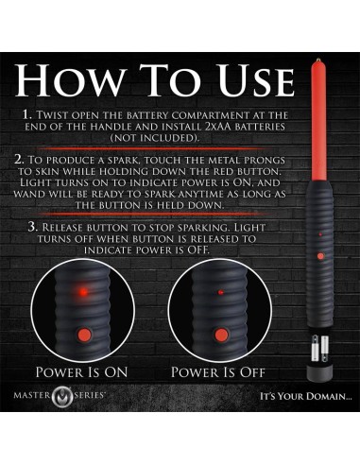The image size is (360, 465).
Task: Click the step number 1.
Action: click(26, 114)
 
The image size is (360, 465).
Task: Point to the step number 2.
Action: click(19, 160)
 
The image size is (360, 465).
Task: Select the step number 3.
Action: click(32, 227)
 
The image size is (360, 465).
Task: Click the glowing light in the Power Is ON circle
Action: click(83, 292)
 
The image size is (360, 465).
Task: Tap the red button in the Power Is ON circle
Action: click(84, 334)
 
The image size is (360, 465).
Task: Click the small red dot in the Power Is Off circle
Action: click(221, 292)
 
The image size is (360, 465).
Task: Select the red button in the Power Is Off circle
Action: click(221, 335)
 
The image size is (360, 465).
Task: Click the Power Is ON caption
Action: click(81, 372)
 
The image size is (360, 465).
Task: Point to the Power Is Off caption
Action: click(218, 372)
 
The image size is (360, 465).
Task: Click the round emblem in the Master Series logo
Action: click(62, 396)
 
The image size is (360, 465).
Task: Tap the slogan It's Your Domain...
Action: click(305, 396)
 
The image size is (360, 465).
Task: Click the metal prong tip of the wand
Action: click(319, 60)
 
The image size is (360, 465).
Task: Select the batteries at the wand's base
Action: click(319, 348)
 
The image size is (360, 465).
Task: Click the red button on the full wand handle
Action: click(320, 256)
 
